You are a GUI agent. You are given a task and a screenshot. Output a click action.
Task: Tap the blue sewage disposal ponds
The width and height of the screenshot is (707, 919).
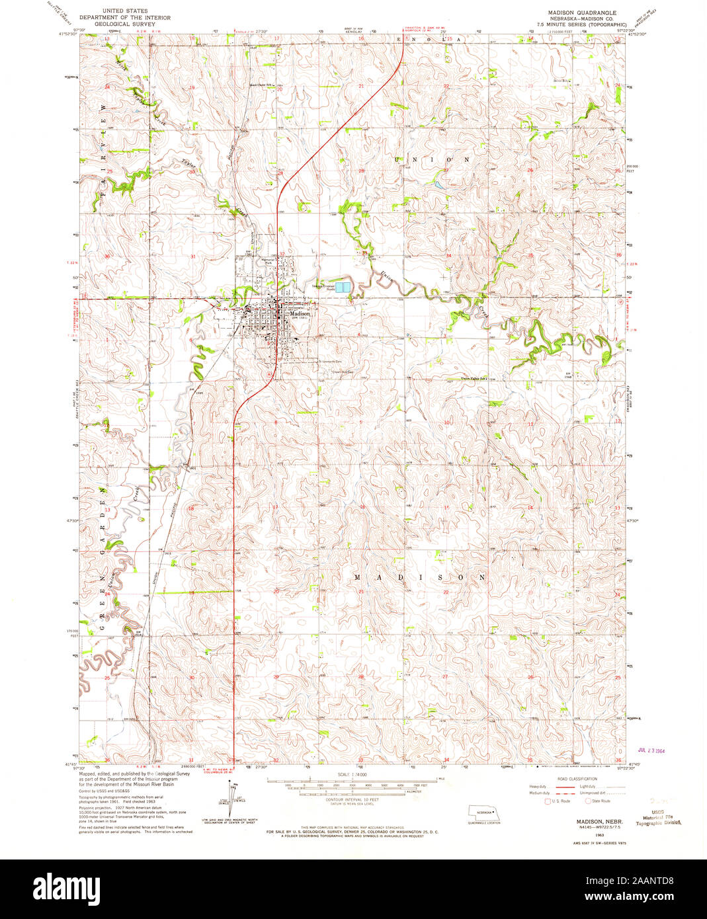tap(341, 287)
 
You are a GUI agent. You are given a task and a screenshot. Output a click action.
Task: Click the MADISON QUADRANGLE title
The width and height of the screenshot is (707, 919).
tap(581, 13)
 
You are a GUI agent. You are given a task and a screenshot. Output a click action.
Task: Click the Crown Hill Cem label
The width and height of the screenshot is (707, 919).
tap(342, 370)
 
